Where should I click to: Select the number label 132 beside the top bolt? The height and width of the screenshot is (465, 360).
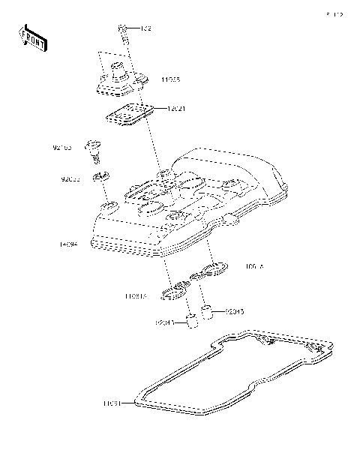(x=145, y=28)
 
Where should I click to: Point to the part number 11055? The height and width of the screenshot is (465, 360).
(x=170, y=79)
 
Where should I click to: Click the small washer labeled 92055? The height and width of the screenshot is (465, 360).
(x=100, y=178)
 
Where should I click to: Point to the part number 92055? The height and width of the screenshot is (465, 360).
(x=71, y=180)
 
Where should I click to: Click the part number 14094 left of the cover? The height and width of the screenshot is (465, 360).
(x=70, y=244)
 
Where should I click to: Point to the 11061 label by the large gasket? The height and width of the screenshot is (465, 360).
(x=112, y=403)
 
